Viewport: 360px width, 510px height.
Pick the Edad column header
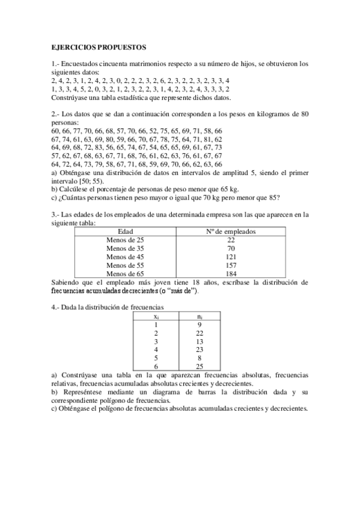[125, 231]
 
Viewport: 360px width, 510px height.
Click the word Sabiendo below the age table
[69, 281]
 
